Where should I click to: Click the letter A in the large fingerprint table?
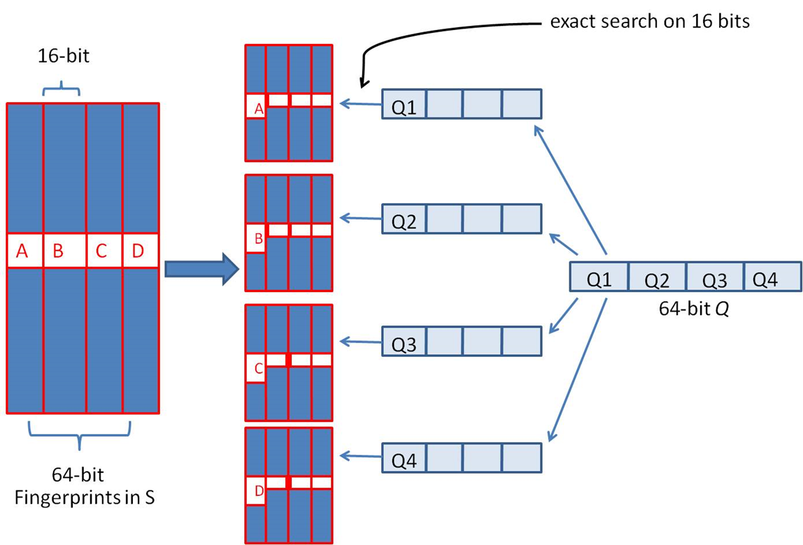coord(22,252)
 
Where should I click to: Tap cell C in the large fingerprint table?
coord(102,252)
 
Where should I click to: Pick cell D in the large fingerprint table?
coord(138,252)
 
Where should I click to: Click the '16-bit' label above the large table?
coord(63,57)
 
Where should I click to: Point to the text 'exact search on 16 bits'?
coord(650,22)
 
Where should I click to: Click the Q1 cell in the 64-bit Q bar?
coord(599,279)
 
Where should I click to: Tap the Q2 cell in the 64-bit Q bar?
coord(657,279)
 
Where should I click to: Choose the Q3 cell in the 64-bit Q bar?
coord(714,279)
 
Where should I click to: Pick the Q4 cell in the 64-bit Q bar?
coord(765,279)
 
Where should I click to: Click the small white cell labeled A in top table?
coord(257,108)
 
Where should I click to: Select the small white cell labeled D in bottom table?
coord(257,491)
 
